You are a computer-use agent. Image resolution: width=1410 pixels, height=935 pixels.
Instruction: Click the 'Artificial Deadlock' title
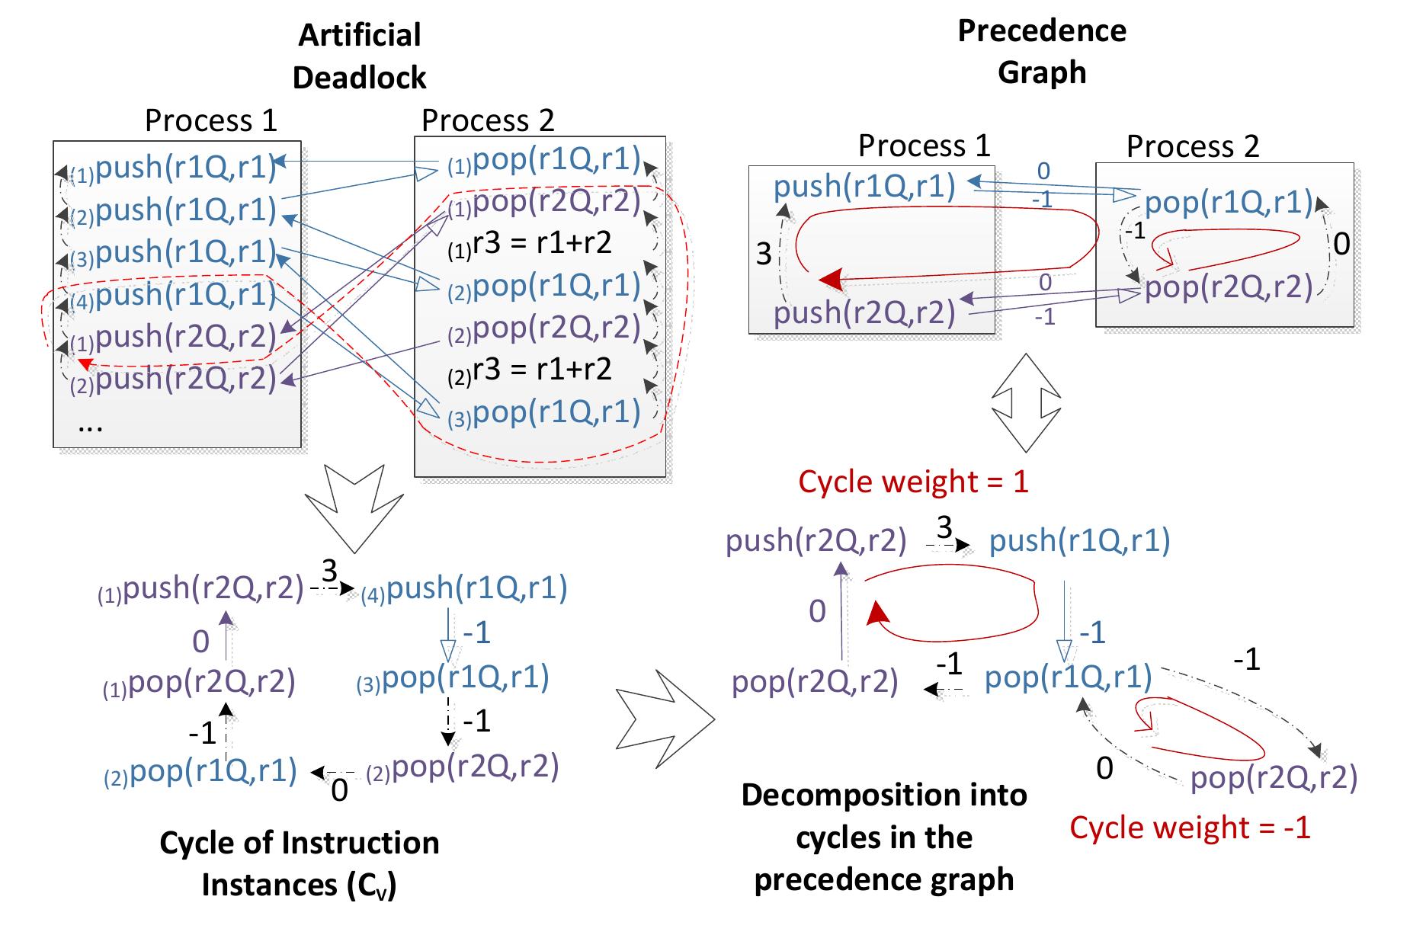[x=359, y=56]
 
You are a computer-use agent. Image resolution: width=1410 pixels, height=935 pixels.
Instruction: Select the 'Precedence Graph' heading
[x=1041, y=51]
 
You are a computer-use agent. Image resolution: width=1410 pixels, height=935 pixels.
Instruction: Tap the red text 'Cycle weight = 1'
[x=913, y=482]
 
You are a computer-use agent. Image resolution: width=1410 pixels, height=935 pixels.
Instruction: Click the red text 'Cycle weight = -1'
[x=1189, y=827]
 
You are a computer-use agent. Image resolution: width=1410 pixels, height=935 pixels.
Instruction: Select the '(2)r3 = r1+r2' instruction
[x=530, y=370]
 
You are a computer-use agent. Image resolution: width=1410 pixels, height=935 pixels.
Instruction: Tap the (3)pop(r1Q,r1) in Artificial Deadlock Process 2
[x=544, y=413]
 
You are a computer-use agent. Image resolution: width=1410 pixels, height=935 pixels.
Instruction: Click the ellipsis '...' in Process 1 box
[x=91, y=426]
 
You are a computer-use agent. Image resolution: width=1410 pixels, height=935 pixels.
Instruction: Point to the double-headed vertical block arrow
[x=1026, y=402]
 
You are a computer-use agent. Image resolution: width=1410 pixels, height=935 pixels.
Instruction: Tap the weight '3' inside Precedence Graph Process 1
[x=764, y=254]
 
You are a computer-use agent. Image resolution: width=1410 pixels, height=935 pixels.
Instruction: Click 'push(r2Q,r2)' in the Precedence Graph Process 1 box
[x=864, y=313]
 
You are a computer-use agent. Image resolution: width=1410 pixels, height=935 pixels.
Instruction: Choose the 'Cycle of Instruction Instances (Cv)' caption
[x=299, y=864]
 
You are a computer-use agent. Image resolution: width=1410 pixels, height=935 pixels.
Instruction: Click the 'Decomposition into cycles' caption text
[x=884, y=837]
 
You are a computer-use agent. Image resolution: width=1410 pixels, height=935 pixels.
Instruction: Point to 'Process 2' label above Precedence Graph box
[x=1192, y=146]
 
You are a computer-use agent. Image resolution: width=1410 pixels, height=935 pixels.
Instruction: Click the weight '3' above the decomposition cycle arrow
[x=944, y=527]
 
